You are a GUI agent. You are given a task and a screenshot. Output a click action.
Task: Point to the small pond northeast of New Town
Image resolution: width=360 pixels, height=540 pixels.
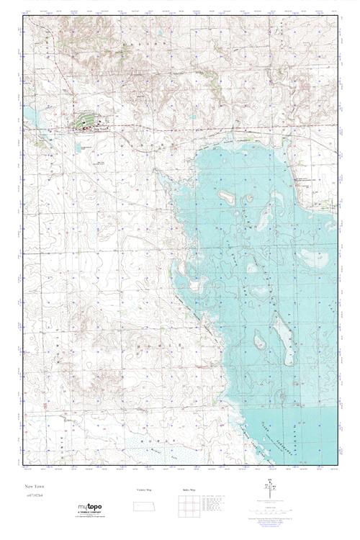193,116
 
